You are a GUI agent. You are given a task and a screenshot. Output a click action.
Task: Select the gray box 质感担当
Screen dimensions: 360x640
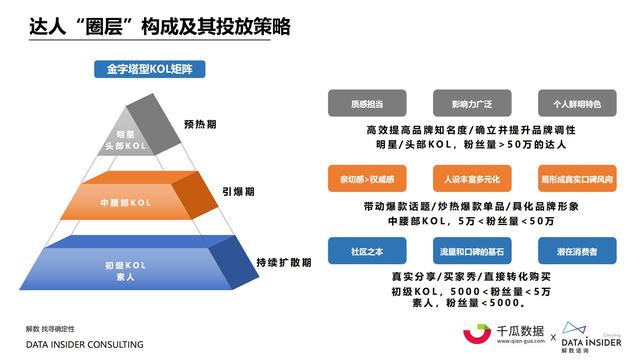(367, 104)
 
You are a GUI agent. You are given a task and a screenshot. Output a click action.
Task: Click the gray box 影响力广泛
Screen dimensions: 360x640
(469, 104)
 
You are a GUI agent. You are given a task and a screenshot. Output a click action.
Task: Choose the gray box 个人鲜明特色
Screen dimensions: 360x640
(571, 104)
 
